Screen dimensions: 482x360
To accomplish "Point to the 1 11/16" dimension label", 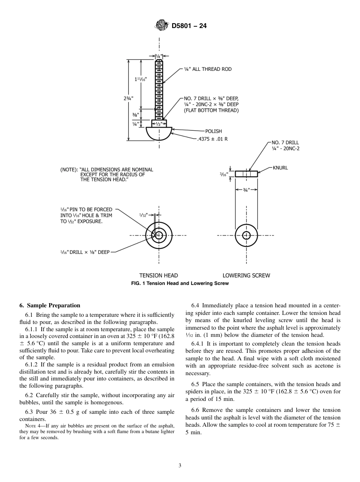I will point(141,79).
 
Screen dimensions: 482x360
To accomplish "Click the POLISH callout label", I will point(213,131).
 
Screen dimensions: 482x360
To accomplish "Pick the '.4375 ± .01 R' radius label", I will point(212,139).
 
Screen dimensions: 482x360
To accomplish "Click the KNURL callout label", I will point(280,167).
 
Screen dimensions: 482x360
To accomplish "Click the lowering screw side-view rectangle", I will point(246,174).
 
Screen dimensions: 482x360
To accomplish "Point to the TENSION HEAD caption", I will point(158,275).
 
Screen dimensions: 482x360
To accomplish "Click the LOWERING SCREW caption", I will point(246,275).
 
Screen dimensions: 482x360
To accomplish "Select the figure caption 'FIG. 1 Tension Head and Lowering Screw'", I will point(180,283).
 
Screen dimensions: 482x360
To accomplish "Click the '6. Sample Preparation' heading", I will point(50,305).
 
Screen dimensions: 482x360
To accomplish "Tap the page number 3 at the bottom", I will point(180,466).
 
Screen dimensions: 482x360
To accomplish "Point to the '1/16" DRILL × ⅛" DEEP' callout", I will point(85,252).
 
